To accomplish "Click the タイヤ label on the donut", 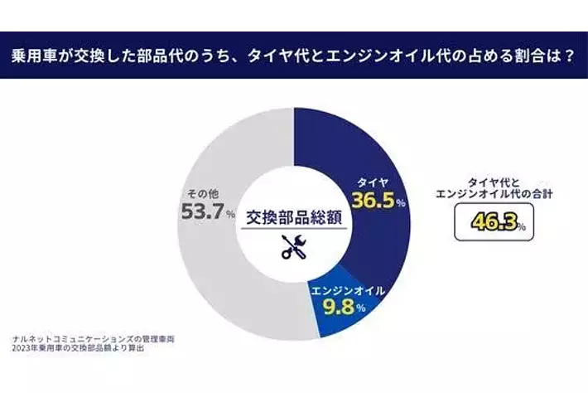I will (372, 181).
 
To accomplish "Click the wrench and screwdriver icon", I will (294, 244).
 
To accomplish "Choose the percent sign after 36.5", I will (400, 204).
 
